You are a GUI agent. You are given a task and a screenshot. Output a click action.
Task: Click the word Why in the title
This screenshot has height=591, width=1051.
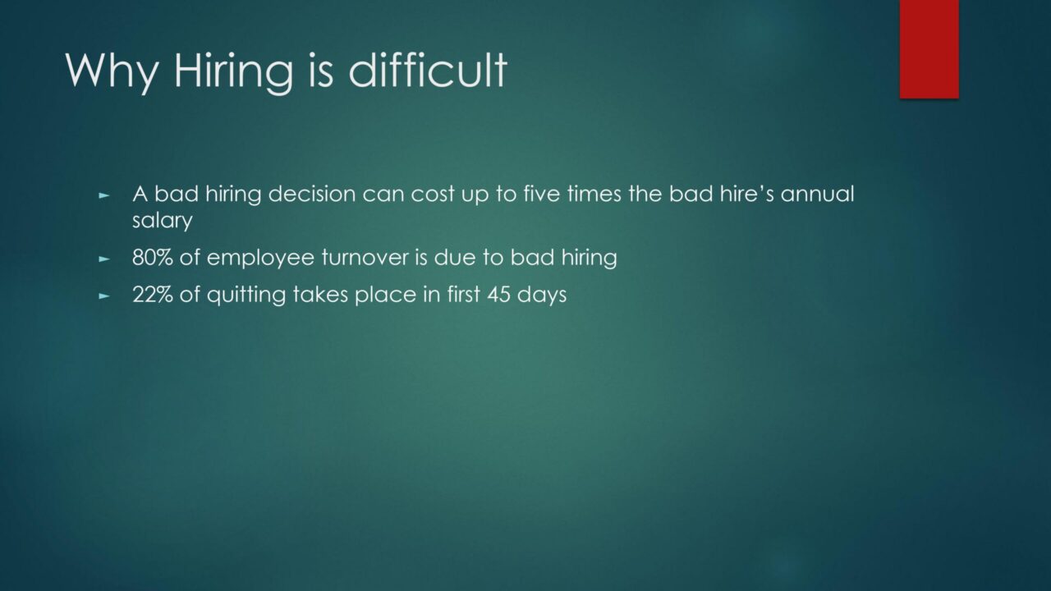pos(112,71)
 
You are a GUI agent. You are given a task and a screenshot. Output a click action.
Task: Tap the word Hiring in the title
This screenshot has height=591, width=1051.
pos(233,71)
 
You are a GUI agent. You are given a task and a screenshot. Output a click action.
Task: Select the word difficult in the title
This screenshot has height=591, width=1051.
pos(428,70)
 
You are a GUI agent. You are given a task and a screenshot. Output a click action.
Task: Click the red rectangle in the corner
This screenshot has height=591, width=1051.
pos(929,49)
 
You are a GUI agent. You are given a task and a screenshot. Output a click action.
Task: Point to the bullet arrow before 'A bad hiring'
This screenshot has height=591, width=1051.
pos(104,195)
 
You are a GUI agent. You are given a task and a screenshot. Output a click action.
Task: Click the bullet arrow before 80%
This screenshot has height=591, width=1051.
pos(104,259)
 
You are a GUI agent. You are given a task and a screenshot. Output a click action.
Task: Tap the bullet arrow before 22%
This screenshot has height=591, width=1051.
pos(104,296)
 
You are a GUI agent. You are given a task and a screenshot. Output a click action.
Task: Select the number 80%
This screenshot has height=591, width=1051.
pos(153,258)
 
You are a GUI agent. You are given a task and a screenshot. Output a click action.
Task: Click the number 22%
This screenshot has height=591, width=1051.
pos(153,295)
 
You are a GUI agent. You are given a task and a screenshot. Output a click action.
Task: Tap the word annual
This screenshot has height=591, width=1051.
pos(817,194)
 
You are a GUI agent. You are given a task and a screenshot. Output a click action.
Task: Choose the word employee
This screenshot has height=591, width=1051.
pos(260,259)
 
